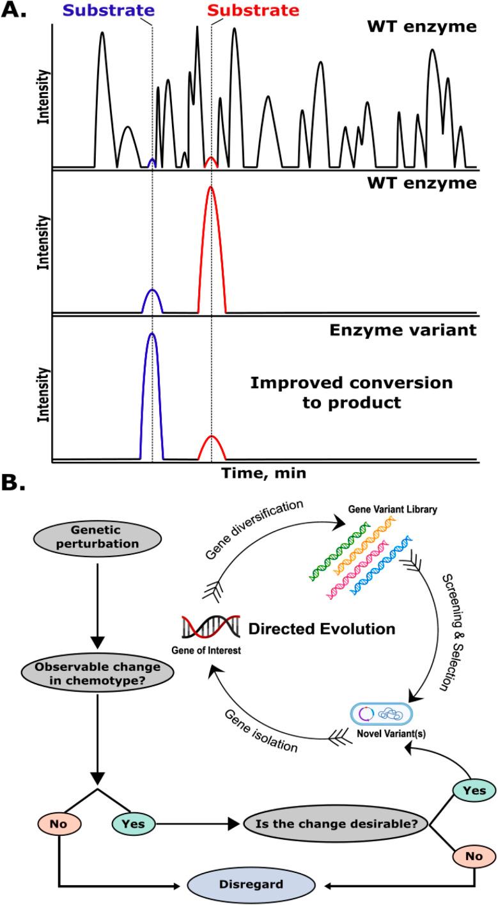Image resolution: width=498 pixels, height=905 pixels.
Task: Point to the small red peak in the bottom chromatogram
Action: click(212, 447)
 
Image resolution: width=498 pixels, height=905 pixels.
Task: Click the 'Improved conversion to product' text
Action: click(351, 393)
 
